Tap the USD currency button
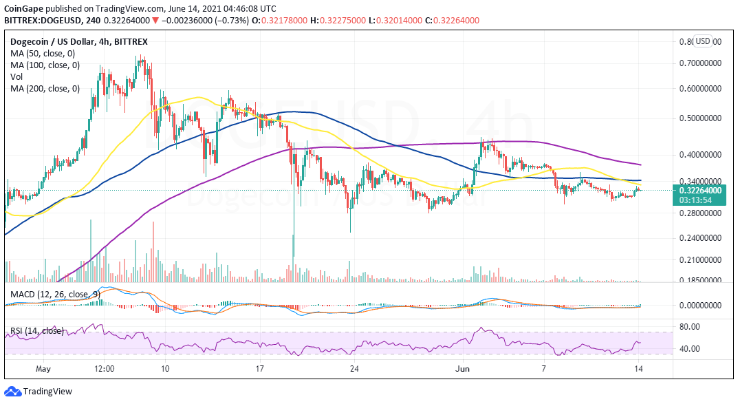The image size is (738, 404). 702,41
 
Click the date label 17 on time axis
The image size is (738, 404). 259,368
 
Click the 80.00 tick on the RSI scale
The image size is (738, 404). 691,327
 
